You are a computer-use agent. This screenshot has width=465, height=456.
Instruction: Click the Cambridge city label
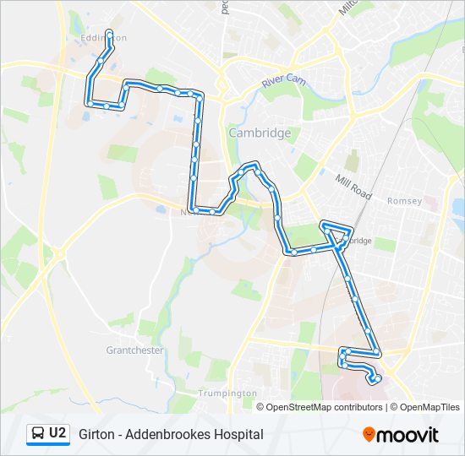tap(260, 133)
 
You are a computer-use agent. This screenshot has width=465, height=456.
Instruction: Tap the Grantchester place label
tap(134, 350)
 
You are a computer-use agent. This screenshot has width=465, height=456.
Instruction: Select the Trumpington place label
tap(227, 394)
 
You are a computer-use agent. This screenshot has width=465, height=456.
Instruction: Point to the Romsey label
tap(398, 201)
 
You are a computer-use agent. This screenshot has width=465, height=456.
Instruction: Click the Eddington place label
tap(98, 38)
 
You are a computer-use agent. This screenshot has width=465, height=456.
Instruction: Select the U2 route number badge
tap(57, 433)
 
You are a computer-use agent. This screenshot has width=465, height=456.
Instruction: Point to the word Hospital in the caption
tap(239, 434)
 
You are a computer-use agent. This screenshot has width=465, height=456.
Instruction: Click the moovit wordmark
tap(408, 435)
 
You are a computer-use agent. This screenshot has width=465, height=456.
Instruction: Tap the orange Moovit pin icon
tap(369, 435)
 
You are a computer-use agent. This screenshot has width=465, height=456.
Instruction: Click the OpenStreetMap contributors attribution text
tap(322, 407)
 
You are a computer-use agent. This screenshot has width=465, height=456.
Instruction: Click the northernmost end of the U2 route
tap(109, 32)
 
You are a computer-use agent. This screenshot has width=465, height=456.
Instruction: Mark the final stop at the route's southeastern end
tap(373, 381)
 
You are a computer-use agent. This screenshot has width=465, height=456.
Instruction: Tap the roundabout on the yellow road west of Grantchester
tap(58, 252)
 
